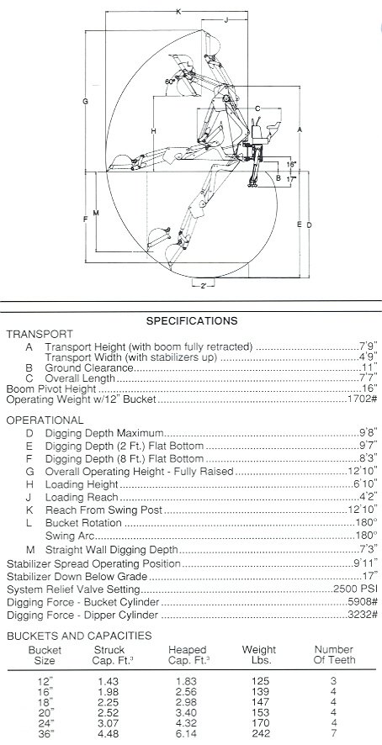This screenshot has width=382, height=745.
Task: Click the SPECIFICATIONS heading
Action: pos(191,320)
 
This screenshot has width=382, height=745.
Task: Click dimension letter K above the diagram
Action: pos(178,12)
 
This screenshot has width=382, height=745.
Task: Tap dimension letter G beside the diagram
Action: pos(85,101)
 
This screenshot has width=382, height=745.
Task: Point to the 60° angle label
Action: pos(170,82)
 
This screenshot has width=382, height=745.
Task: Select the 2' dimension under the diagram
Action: pos(203,286)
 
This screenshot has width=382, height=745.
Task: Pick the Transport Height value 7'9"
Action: pos(369,346)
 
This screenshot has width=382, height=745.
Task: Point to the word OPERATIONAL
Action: pos(45,420)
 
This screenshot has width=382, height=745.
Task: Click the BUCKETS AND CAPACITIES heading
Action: pos(79,636)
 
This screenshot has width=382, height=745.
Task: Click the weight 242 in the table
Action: pos(259,733)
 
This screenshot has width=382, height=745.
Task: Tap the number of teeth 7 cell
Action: pos(333,733)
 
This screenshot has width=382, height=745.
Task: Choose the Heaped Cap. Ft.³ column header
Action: pos(188,655)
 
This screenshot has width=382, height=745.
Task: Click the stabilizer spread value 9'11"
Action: pos(366,564)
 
